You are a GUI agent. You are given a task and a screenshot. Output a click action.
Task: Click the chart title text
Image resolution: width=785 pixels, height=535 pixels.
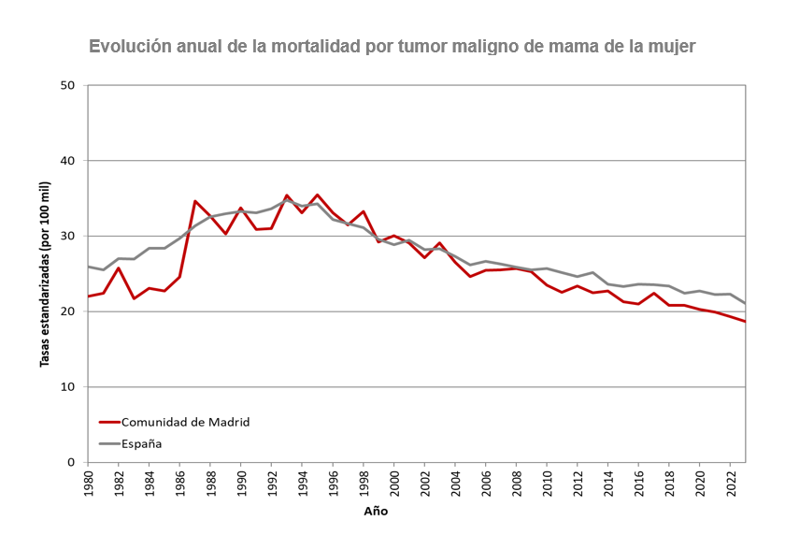click(x=392, y=46)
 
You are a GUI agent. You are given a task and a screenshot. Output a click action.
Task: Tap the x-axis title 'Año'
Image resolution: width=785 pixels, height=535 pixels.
click(x=376, y=512)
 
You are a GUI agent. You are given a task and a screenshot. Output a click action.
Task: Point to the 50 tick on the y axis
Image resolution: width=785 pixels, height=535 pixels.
click(x=67, y=86)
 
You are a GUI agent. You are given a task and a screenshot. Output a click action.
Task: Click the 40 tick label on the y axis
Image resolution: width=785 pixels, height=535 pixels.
click(x=67, y=161)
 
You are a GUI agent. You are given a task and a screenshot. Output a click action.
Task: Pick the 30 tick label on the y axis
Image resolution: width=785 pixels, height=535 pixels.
click(x=67, y=237)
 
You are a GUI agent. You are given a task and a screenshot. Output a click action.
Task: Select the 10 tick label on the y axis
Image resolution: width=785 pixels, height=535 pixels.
click(x=67, y=387)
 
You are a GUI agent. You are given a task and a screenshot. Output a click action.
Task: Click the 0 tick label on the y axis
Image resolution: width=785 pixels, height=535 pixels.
click(x=71, y=462)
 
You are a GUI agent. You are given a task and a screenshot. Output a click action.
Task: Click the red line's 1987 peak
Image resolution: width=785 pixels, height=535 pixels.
click(x=194, y=201)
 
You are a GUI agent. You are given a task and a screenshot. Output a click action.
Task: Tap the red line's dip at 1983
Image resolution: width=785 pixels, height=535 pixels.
click(x=134, y=298)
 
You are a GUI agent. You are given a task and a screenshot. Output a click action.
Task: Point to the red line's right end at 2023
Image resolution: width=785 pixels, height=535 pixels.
click(x=745, y=321)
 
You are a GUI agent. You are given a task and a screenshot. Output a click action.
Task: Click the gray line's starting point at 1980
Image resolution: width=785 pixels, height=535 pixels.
click(x=88, y=267)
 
